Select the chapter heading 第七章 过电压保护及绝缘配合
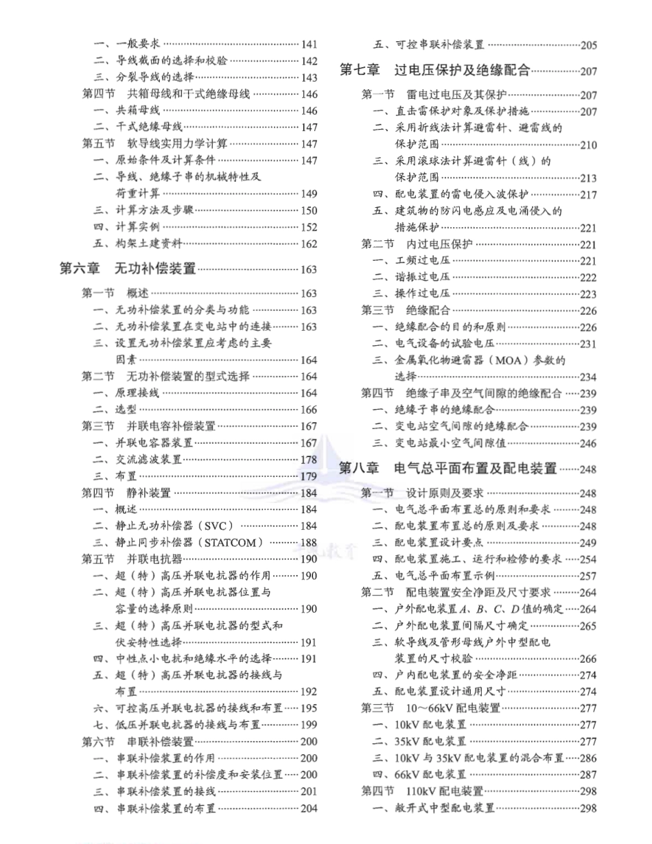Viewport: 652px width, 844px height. point(435,69)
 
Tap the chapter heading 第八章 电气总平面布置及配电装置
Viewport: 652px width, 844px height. point(448,469)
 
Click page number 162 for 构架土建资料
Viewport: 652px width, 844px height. point(309,244)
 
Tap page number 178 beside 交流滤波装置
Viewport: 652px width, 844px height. point(309,460)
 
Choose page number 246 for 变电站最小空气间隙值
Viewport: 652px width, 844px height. point(589,443)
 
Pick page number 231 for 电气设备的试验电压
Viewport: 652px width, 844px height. point(589,344)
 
